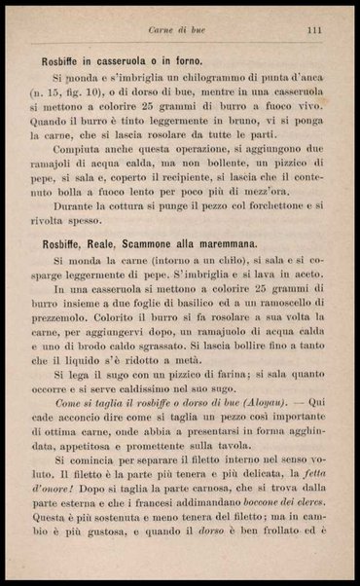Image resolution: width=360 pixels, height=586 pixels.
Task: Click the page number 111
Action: (313, 30)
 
